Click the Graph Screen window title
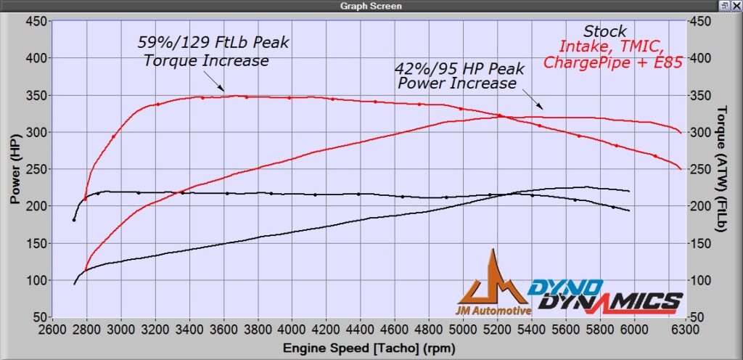(x=371, y=6)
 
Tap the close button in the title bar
(x=736, y=6)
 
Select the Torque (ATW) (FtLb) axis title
(x=722, y=169)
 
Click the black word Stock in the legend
(x=604, y=31)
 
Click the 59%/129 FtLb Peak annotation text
(x=213, y=43)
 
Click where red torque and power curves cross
(x=500, y=115)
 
